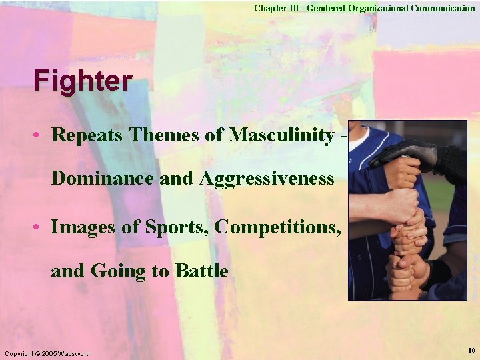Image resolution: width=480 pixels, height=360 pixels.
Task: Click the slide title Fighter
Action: [83, 81]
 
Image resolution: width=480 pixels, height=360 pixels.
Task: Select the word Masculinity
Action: [281, 135]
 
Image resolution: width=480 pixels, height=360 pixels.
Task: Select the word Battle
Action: [201, 271]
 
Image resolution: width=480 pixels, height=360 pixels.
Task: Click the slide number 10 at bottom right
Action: [471, 351]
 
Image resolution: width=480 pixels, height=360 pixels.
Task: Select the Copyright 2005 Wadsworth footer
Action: [48, 353]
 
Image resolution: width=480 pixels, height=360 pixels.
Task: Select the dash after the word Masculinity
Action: [343, 136]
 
